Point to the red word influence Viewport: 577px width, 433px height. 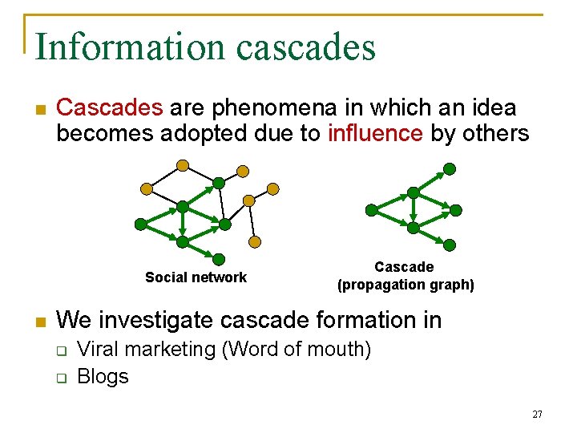375,132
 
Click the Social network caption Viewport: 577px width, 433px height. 196,277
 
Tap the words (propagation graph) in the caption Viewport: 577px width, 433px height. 406,285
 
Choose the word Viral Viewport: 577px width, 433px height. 99,350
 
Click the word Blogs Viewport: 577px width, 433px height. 103,376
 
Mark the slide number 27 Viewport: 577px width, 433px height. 537,415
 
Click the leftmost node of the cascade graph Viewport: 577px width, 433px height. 371,210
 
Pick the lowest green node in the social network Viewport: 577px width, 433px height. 219,258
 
